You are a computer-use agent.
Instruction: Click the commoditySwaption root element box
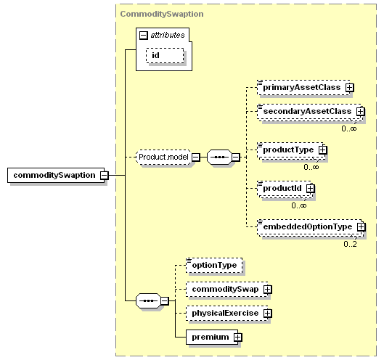click(x=56, y=175)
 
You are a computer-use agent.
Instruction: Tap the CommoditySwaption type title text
click(x=162, y=14)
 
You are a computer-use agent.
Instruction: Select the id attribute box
click(x=165, y=55)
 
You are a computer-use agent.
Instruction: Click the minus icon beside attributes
click(x=144, y=36)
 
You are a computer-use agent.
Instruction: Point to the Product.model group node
click(x=163, y=157)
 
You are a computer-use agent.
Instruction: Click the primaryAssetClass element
click(x=303, y=87)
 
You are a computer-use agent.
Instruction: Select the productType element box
click(x=290, y=150)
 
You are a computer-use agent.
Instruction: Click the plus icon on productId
click(x=310, y=188)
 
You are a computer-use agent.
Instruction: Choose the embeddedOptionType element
click(x=309, y=226)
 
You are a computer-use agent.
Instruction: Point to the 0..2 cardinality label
click(x=350, y=244)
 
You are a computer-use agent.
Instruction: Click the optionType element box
click(x=214, y=265)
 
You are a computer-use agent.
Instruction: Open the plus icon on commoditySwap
click(x=268, y=289)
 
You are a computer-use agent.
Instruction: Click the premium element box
click(x=212, y=337)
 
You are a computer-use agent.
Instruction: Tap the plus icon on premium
click(x=238, y=337)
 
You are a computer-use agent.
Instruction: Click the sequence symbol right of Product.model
click(x=219, y=157)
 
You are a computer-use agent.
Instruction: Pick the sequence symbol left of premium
click(x=148, y=300)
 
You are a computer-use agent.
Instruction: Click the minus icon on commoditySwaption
click(x=105, y=175)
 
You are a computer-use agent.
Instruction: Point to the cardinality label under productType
click(x=311, y=167)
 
